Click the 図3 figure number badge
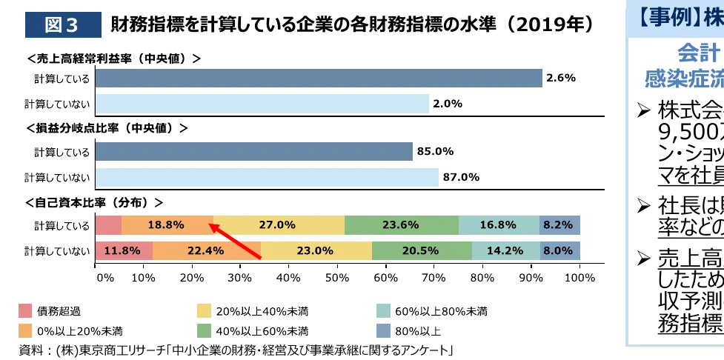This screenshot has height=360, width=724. [x=62, y=24]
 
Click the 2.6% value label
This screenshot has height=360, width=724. [x=560, y=78]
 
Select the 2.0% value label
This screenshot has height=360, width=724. [x=448, y=104]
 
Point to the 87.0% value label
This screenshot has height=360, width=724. [x=460, y=177]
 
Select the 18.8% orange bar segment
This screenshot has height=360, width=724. [x=167, y=225]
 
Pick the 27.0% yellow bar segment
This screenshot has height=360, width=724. [x=279, y=225]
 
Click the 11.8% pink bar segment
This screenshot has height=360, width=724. [x=124, y=250]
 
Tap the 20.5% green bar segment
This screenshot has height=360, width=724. [x=421, y=250]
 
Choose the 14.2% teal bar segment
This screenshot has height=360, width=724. [x=505, y=250]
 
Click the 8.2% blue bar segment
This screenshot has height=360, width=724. [x=559, y=225]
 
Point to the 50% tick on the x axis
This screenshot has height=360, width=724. [x=338, y=278]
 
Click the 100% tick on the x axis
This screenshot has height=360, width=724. [x=579, y=278]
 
